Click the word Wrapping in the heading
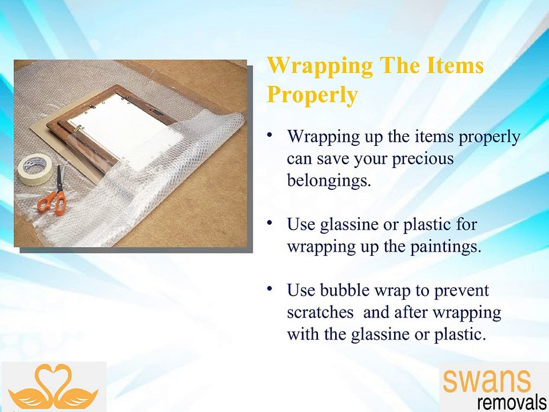click(x=319, y=66)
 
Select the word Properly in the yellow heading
click(x=312, y=94)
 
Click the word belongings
click(x=329, y=180)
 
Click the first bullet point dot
click(x=270, y=135)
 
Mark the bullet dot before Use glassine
click(x=270, y=223)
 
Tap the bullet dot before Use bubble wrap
click(x=270, y=289)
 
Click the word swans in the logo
click(x=487, y=380)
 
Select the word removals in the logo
click(x=511, y=402)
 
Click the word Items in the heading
click(x=455, y=66)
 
